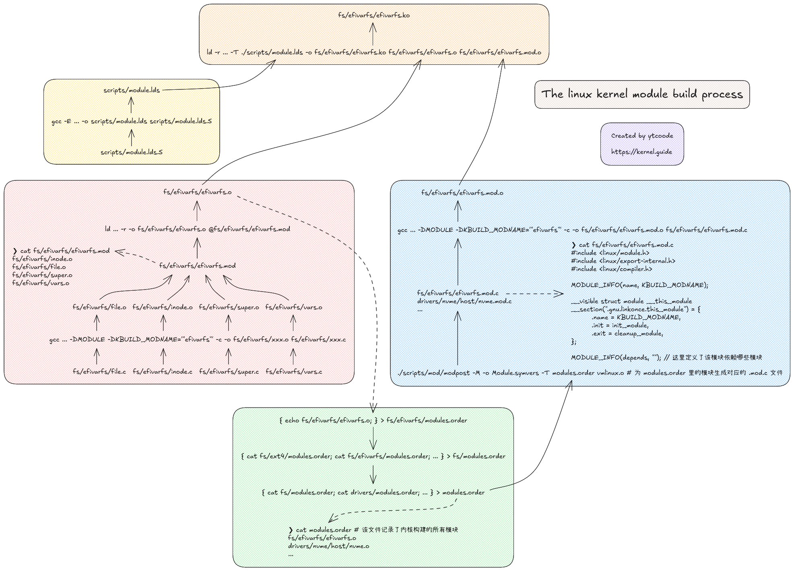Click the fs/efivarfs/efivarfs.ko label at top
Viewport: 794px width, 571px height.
click(x=373, y=15)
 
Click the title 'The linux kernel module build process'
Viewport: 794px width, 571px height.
click(x=641, y=94)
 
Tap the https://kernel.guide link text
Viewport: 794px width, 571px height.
click(x=641, y=152)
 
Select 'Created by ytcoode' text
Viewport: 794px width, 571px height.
click(x=642, y=136)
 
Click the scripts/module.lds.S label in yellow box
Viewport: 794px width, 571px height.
click(x=132, y=152)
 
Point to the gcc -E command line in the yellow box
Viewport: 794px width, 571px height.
click(x=132, y=121)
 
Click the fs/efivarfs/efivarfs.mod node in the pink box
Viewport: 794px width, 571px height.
click(x=197, y=266)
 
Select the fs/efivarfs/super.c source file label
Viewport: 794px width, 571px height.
click(x=229, y=372)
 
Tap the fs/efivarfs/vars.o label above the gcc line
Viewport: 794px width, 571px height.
click(x=293, y=307)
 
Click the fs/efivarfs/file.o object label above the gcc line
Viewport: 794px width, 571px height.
click(x=99, y=307)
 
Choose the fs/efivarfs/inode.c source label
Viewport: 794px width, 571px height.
click(x=163, y=372)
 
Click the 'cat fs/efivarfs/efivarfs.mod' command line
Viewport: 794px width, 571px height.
click(x=61, y=251)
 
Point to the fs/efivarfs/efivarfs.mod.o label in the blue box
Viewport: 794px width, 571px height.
click(x=462, y=193)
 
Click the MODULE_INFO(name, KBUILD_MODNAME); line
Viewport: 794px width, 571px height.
click(x=639, y=285)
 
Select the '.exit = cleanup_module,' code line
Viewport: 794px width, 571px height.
click(x=627, y=333)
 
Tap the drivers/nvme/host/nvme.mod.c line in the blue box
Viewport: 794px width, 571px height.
click(x=464, y=301)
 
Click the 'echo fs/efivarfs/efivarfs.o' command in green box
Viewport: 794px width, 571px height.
click(x=373, y=420)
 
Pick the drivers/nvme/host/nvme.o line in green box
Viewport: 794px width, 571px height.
click(x=328, y=546)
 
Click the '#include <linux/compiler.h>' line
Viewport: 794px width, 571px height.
click(x=611, y=269)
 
